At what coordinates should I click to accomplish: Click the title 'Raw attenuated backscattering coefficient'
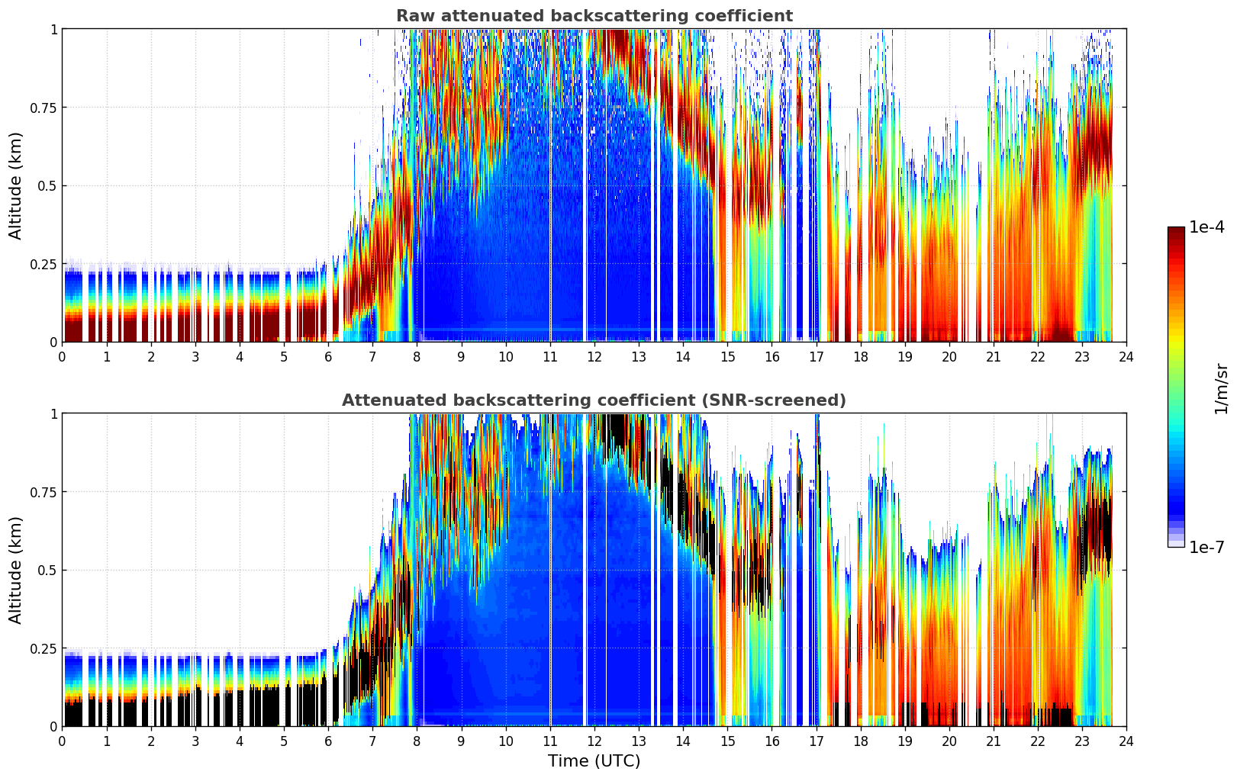point(594,16)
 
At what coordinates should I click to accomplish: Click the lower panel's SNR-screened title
point(594,400)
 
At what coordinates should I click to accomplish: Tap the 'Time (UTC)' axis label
point(594,761)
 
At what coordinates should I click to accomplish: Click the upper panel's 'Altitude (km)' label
point(16,185)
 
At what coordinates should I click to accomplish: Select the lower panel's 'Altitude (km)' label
point(16,570)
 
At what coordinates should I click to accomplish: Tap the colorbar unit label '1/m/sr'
point(1221,389)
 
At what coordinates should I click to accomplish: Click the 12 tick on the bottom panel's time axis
point(594,741)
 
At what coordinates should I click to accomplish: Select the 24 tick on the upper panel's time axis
point(1126,357)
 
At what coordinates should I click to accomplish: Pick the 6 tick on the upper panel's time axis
point(328,357)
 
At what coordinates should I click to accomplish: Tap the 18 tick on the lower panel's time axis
point(860,741)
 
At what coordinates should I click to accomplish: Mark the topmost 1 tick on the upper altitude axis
point(53,29)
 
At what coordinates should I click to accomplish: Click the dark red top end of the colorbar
point(1176,230)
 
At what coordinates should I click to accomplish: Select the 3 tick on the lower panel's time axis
point(195,741)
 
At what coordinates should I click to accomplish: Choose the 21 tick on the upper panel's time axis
point(994,357)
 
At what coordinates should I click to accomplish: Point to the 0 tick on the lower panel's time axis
point(63,741)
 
